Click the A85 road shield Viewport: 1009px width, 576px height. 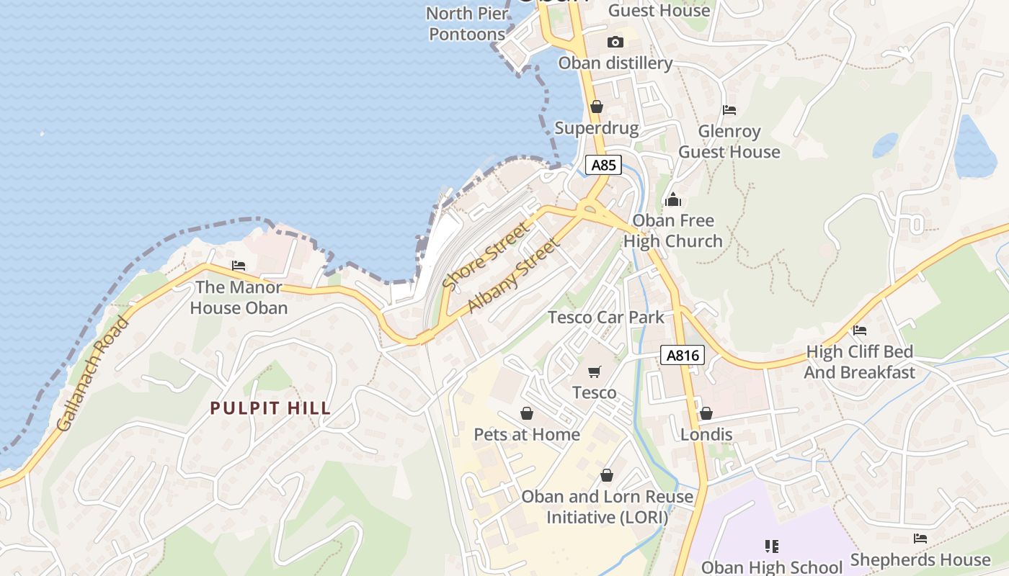tap(603, 165)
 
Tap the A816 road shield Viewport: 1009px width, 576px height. tap(682, 355)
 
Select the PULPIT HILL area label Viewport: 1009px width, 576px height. tap(270, 408)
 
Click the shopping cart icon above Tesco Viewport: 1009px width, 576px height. tap(595, 372)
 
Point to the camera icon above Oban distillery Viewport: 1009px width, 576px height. tap(615, 42)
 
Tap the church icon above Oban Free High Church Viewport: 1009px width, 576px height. tap(673, 199)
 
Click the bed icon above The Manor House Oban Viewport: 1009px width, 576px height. tap(239, 266)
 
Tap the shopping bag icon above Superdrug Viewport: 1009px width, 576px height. tap(597, 107)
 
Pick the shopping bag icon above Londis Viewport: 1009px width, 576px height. tap(706, 413)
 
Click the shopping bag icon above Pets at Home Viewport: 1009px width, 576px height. tap(527, 413)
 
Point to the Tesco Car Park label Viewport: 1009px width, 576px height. tap(606, 317)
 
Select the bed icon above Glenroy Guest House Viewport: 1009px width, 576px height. tap(729, 110)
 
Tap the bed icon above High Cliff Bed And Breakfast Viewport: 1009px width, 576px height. tap(860, 330)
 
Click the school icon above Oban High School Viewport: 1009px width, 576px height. tap(772, 546)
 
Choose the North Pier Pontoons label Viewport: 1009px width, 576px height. tap(466, 24)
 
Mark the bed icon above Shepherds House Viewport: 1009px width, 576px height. tap(920, 539)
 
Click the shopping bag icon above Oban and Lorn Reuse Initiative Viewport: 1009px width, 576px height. tap(607, 475)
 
